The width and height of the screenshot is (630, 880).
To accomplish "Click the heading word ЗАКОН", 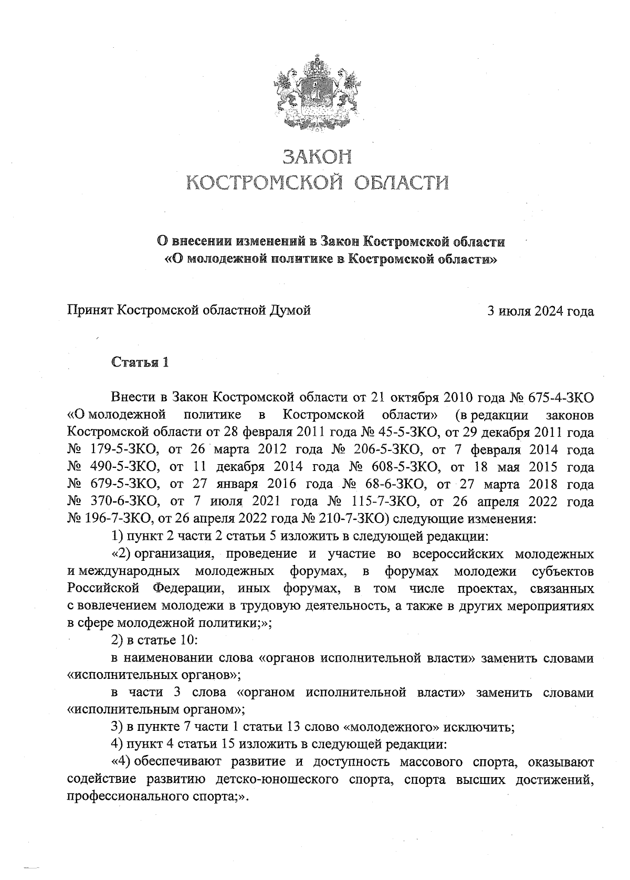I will coord(317,156).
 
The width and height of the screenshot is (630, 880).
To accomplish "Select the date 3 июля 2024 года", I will coord(541,311).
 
